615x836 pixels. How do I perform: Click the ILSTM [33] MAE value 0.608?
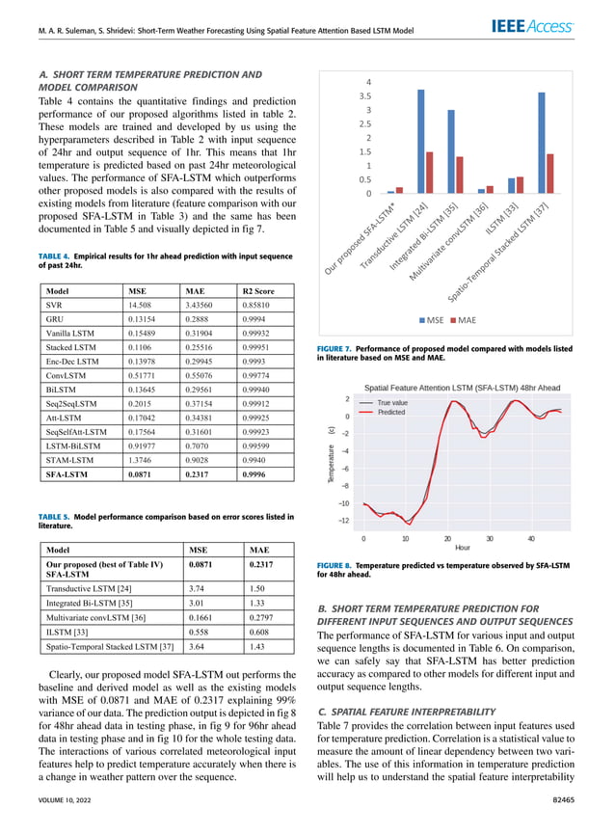pos(260,627)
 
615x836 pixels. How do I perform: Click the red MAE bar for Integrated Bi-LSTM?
pos(460,175)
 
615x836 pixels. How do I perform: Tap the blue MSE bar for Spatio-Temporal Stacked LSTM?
pos(542,143)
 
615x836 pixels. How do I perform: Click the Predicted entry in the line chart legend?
pos(390,412)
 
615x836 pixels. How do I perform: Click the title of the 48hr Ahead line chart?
pos(461,386)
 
